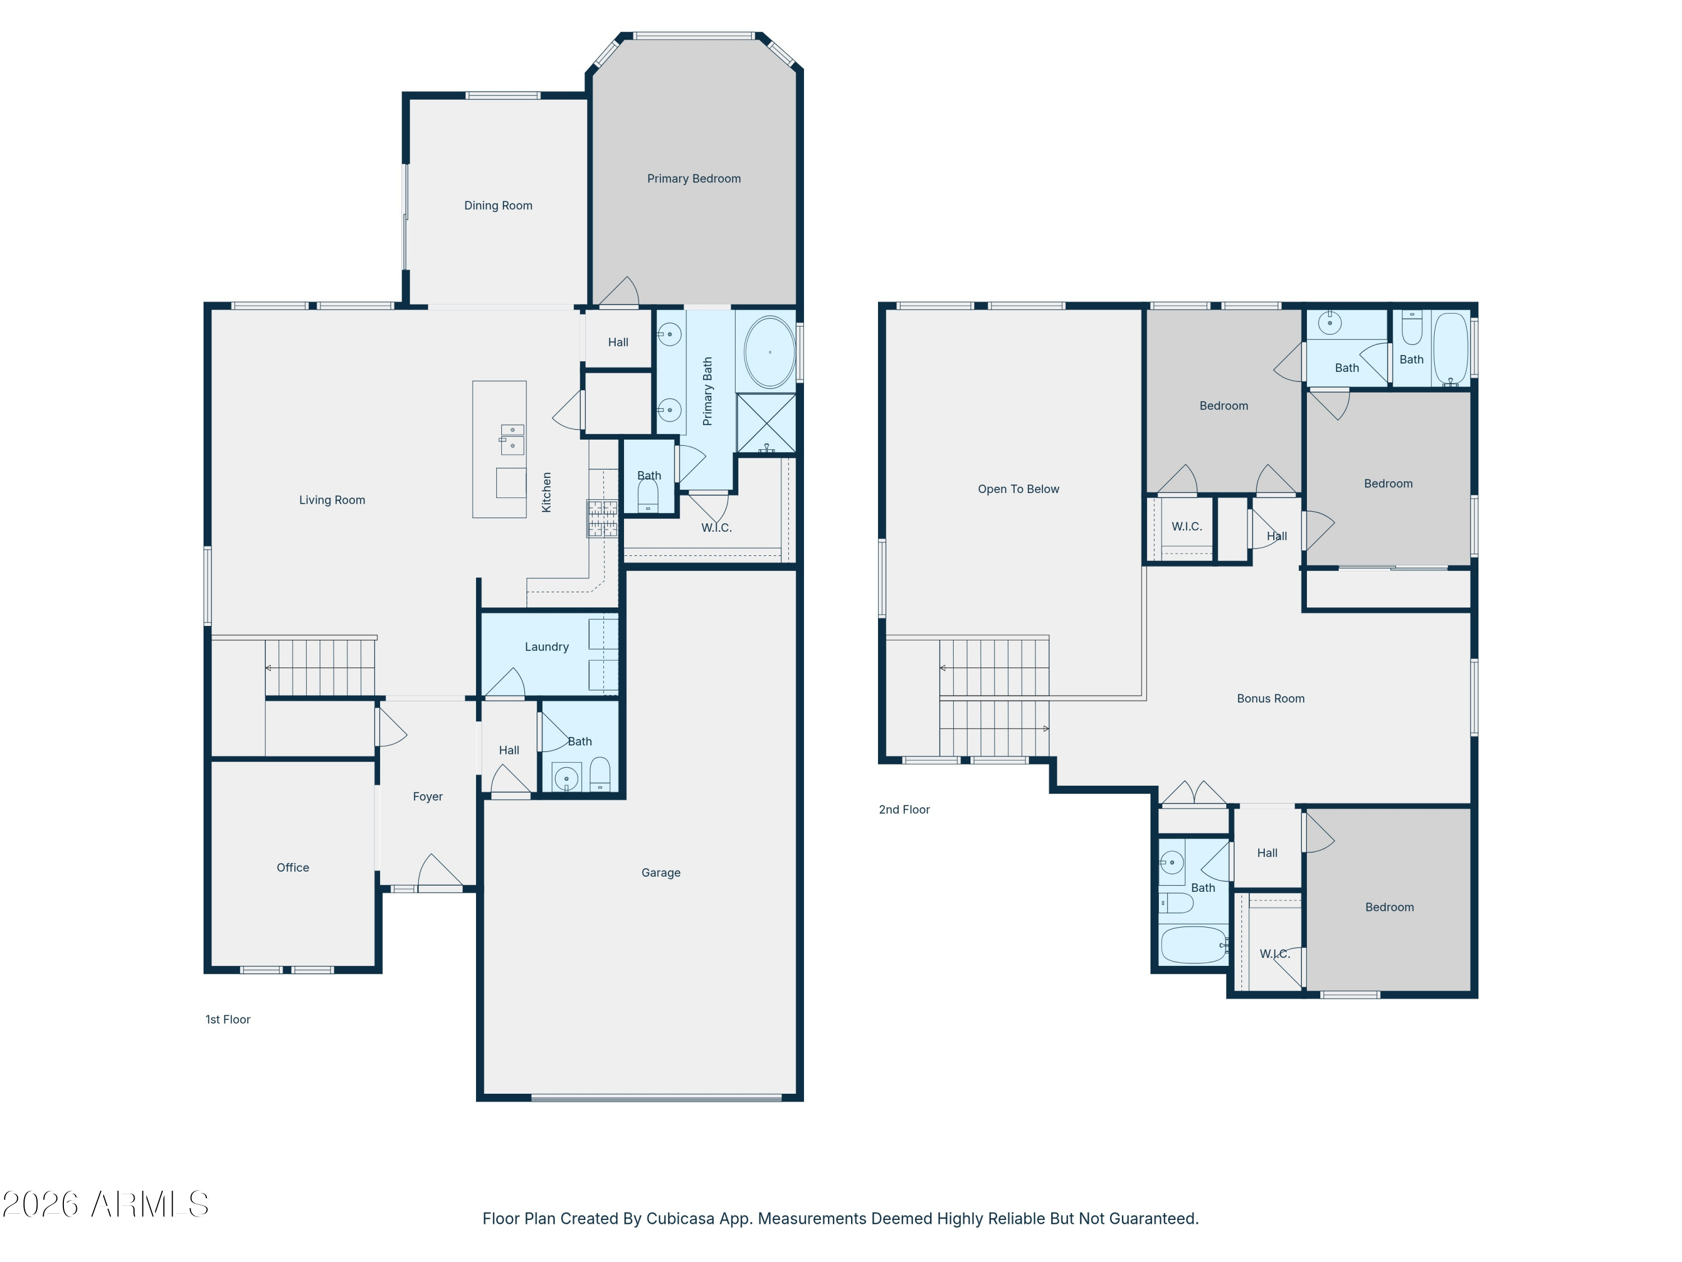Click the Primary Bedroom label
click(694, 179)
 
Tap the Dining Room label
click(498, 205)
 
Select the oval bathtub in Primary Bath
click(770, 353)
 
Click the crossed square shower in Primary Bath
click(766, 423)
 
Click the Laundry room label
click(546, 647)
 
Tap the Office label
click(293, 867)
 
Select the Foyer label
click(427, 796)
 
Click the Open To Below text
click(1018, 489)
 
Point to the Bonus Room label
click(1270, 698)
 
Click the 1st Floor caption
click(228, 1019)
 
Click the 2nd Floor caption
click(904, 809)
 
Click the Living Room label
click(331, 500)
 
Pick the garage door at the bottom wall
click(656, 1098)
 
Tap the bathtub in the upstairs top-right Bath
click(1450, 348)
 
